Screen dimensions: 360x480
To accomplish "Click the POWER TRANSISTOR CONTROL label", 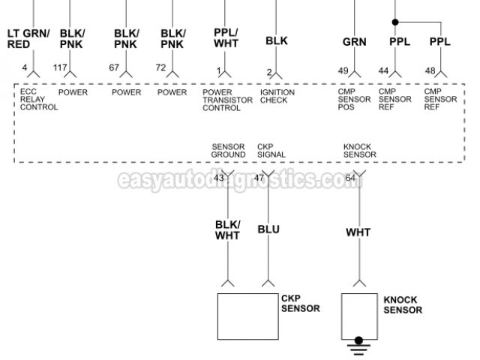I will pos(222,100).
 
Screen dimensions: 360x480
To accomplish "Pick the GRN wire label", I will pos(354,42).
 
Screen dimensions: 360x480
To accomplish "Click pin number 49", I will pos(343,70).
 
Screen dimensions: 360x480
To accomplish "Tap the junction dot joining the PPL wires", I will pos(396,21).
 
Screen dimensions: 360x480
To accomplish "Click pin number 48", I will pos(430,70).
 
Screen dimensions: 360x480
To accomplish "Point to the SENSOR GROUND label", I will pos(228,151).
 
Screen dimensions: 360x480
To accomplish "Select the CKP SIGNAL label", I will pos(271,151).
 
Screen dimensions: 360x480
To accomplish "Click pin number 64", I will pos(350,178).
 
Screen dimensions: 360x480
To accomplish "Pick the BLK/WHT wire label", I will pos(227,229).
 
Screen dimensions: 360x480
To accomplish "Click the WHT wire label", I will pos(358,232).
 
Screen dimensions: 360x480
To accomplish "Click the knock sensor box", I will pos(359,314).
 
